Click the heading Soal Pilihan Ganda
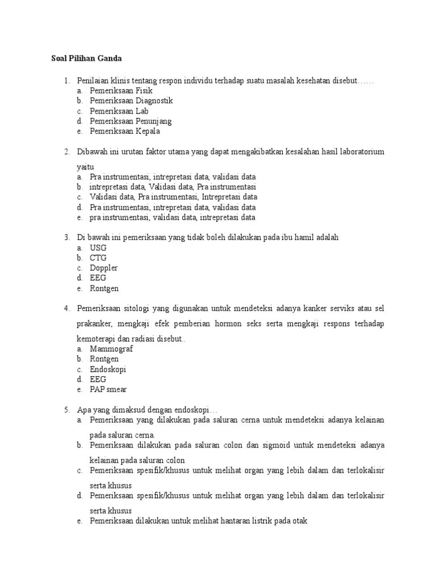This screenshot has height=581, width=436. click(84, 58)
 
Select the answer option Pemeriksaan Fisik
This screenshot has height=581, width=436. click(121, 90)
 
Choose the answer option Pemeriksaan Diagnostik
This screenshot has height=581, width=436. click(131, 100)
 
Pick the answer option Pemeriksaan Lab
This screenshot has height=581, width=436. click(119, 111)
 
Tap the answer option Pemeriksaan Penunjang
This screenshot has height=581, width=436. click(131, 121)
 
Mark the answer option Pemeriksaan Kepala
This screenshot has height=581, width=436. click(125, 131)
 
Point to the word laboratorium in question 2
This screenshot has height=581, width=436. click(362, 151)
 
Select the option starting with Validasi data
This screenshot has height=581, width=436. click(173, 197)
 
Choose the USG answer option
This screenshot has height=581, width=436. click(98, 248)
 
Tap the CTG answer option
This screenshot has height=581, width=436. click(98, 258)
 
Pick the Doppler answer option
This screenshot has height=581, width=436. click(103, 268)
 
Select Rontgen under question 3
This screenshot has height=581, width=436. click(104, 289)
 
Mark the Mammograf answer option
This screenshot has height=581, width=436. click(111, 349)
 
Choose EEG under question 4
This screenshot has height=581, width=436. click(98, 380)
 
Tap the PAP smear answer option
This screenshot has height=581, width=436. click(108, 390)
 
